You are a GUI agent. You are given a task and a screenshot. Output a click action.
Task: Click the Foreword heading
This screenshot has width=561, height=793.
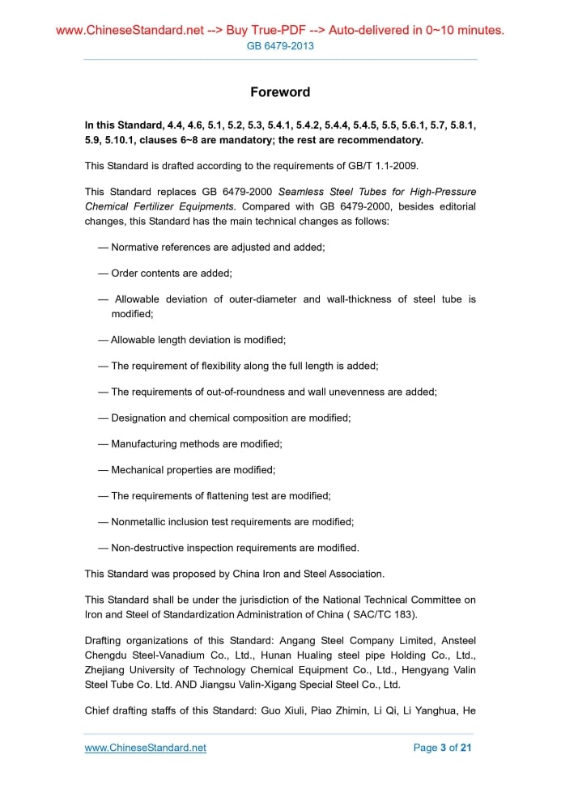coord(280,92)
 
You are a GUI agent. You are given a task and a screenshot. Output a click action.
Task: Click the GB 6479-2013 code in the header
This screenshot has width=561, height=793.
coord(280,46)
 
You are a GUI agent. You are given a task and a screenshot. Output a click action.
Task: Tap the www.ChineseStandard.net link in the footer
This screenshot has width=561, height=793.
coord(146,748)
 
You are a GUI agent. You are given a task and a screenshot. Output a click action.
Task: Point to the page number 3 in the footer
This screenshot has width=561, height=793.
coord(443,748)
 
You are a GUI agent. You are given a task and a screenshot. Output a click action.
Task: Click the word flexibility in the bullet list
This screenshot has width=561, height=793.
coord(241,366)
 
